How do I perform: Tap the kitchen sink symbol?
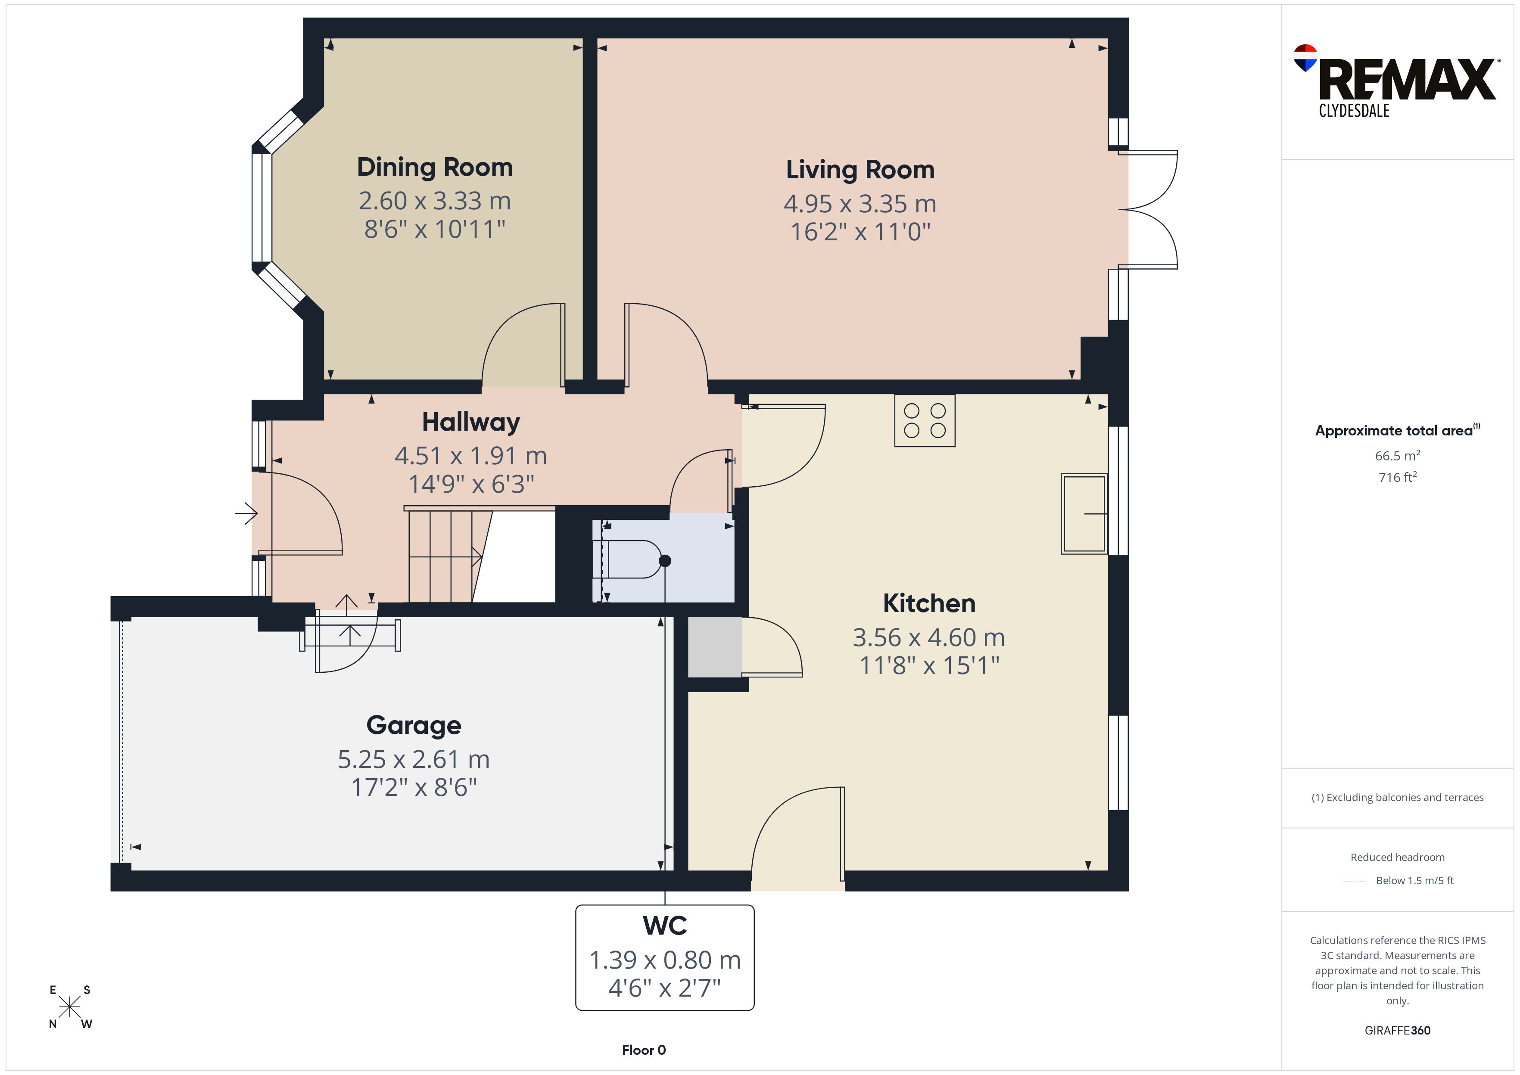tap(1084, 514)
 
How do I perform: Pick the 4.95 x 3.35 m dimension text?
tap(860, 204)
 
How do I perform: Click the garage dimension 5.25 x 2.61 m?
tap(414, 759)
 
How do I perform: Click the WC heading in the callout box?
tap(665, 926)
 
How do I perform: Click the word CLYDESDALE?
tap(1354, 111)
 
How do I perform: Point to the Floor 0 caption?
tap(644, 1050)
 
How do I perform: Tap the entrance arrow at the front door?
tap(246, 513)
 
